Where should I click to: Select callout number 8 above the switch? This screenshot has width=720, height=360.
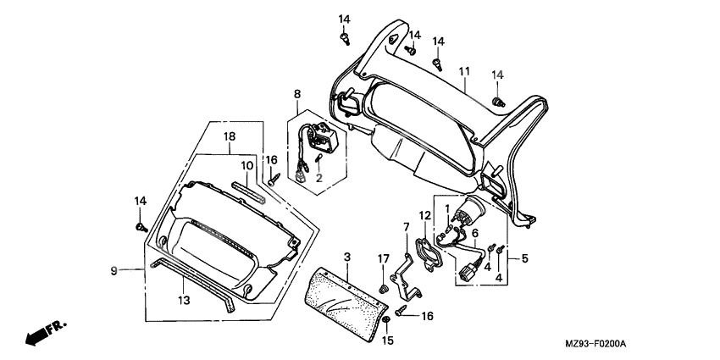[297, 93]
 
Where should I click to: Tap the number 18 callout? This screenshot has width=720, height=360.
[230, 136]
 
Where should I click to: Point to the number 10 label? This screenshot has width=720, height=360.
[247, 165]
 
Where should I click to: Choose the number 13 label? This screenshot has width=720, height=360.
[184, 301]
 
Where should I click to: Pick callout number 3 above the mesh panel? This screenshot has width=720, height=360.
[346, 256]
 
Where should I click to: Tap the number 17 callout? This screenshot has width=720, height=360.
[383, 258]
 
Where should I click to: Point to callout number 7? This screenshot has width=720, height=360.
[406, 227]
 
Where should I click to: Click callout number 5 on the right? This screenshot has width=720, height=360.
[524, 258]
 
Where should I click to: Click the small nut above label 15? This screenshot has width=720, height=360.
[386, 322]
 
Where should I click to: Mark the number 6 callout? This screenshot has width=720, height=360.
[474, 232]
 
